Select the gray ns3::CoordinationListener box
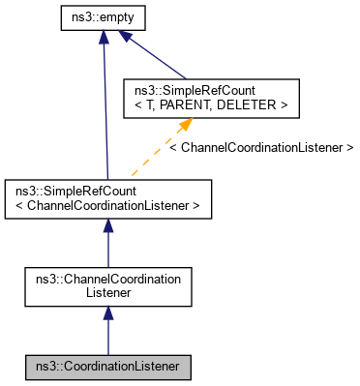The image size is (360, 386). pos(107,367)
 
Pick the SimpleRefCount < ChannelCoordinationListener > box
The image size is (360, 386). pos(107,196)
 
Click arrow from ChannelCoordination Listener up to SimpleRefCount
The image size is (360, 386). pos(107,247)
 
